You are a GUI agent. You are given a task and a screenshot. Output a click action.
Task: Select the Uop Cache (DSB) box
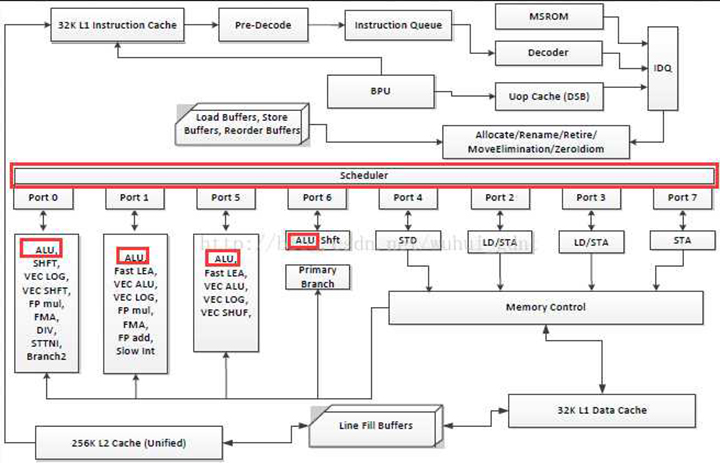[x=549, y=98]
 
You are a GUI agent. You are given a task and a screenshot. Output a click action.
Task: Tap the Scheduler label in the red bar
[x=363, y=176]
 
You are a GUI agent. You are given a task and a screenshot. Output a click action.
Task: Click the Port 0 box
[x=41, y=198]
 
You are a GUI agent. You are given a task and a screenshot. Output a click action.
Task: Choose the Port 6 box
[x=318, y=198]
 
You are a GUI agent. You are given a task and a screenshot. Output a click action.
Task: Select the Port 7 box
[x=682, y=198]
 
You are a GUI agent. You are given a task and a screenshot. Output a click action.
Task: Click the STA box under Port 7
[x=682, y=240]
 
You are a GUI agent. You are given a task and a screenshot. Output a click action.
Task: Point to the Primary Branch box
[x=318, y=276]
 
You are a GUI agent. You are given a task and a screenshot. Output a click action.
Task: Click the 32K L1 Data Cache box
[x=602, y=410]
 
